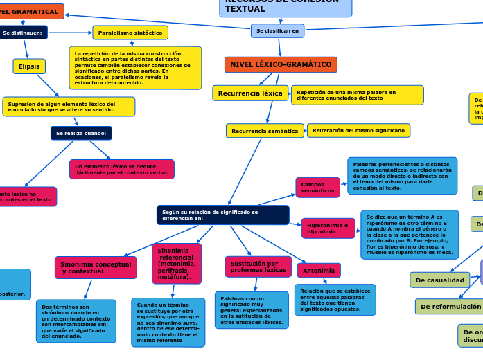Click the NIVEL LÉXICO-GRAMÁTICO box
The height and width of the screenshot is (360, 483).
click(281, 65)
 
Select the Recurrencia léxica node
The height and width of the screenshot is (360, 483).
click(250, 93)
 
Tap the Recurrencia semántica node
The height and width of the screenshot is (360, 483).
click(265, 131)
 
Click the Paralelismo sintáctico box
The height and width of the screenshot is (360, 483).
click(130, 33)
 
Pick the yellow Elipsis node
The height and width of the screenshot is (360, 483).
click(29, 66)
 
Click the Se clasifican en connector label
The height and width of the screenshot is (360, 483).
click(277, 31)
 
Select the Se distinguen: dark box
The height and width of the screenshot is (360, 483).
click(23, 33)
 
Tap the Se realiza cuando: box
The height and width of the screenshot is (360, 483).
click(81, 133)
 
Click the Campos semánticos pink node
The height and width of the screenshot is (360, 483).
click(317, 188)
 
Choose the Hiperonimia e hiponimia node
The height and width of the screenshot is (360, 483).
click(328, 228)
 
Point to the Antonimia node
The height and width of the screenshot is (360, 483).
click(319, 271)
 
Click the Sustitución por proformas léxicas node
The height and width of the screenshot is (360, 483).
click(258, 267)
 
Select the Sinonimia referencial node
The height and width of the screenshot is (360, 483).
click(177, 263)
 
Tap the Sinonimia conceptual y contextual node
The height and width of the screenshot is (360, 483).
click(96, 267)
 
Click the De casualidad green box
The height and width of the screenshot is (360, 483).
click(440, 280)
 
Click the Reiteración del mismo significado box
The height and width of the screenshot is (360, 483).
click(358, 131)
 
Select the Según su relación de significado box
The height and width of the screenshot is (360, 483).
click(222, 215)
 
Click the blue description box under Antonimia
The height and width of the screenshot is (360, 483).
click(335, 300)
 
